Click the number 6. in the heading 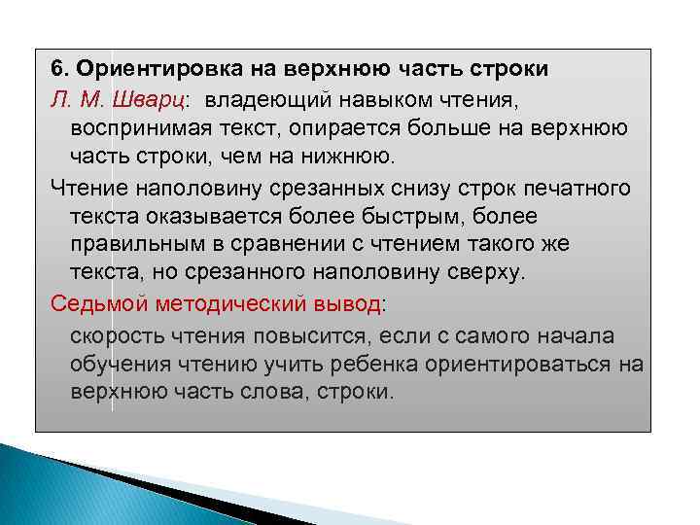tap(59, 70)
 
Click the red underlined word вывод tap(353, 304)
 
